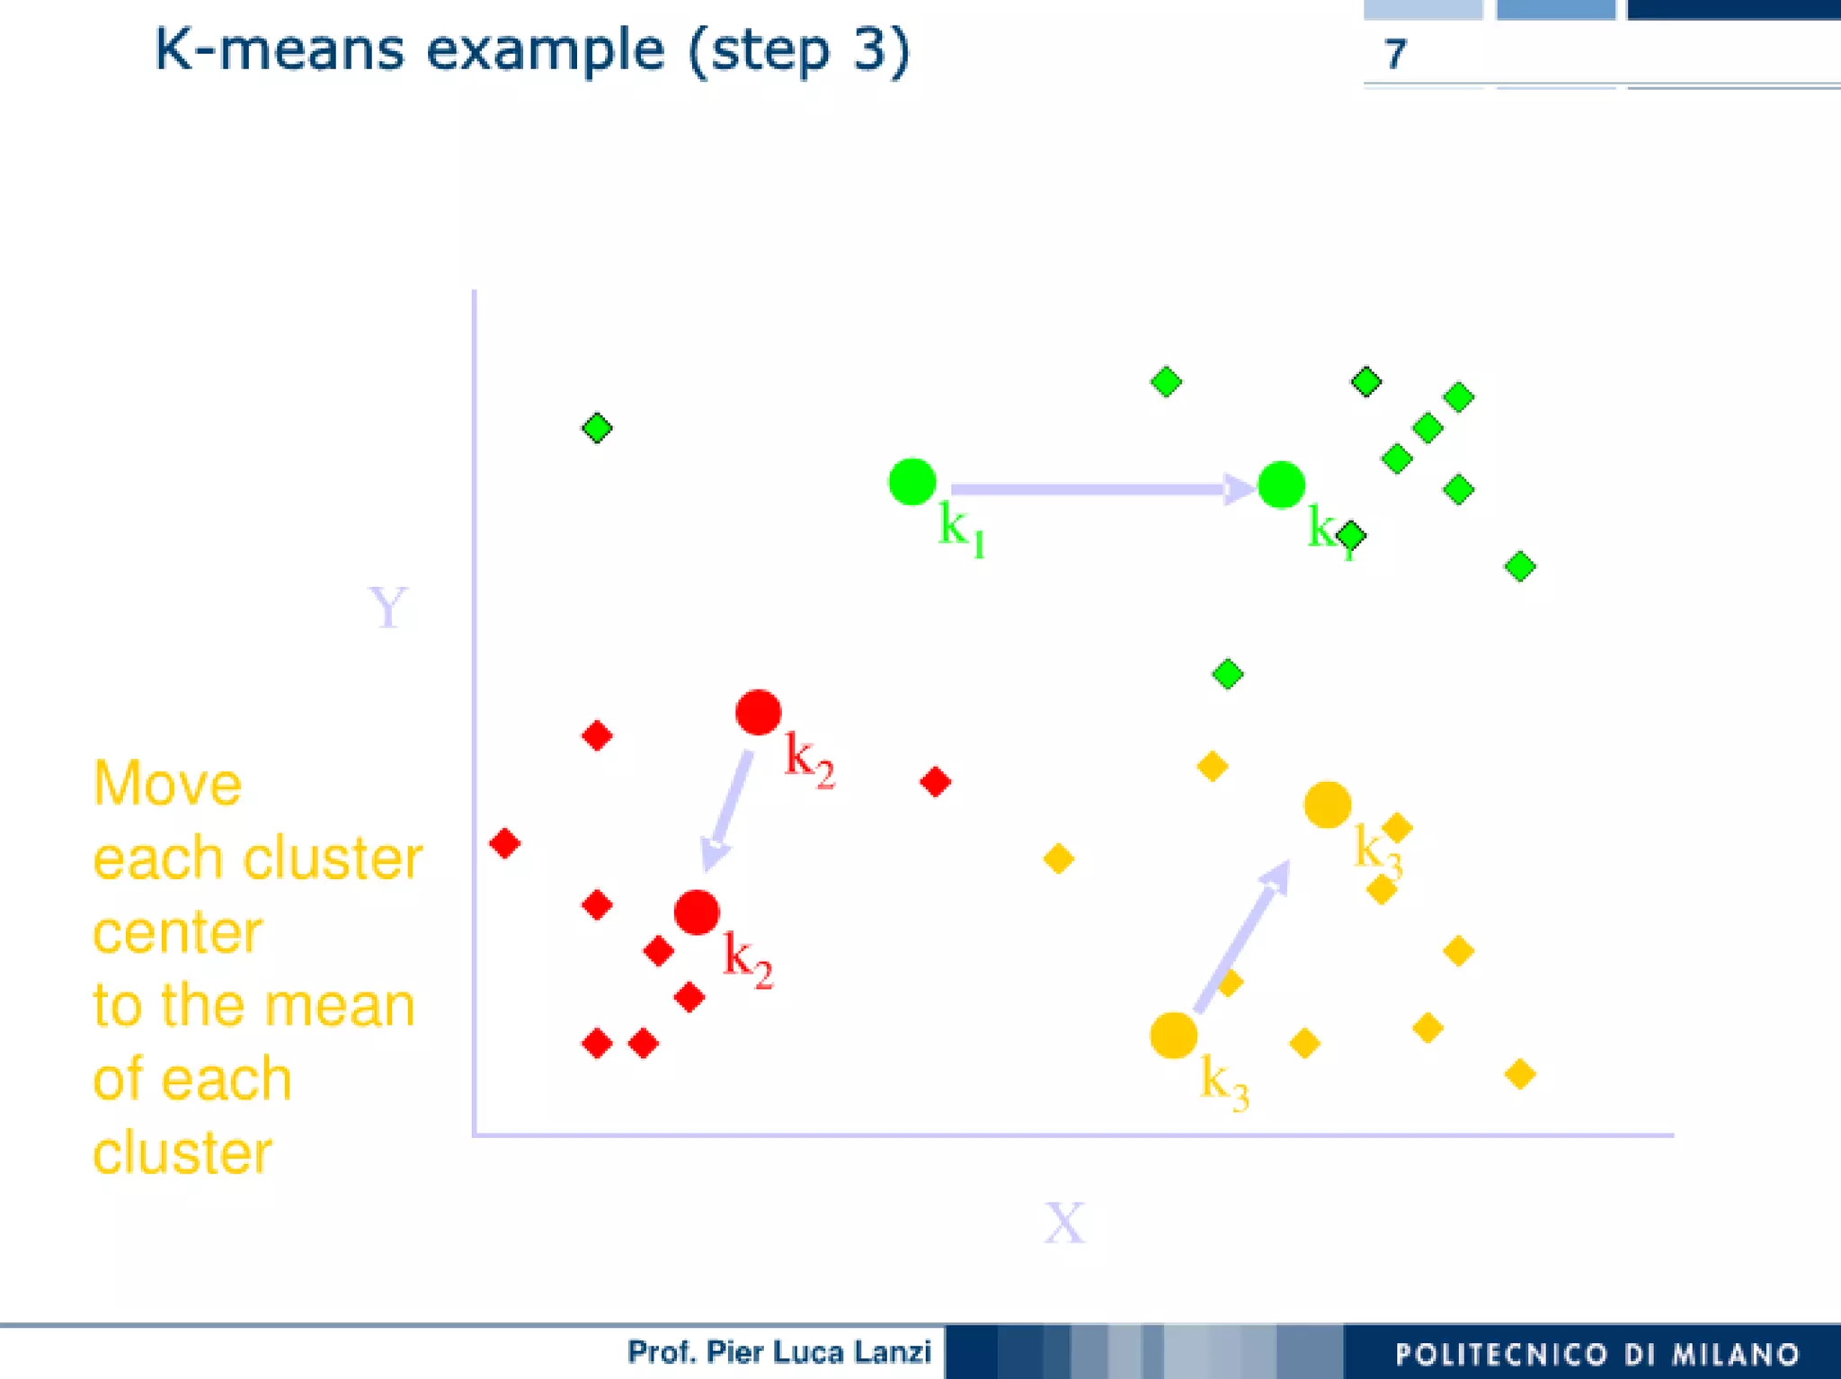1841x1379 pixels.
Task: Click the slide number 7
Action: coord(1394,54)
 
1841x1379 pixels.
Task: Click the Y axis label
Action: coord(388,608)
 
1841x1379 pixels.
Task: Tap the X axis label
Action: coord(1064,1223)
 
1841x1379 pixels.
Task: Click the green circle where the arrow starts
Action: coord(912,482)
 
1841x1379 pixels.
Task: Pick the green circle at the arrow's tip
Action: coord(1281,485)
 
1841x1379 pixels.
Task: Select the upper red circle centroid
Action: coord(758,713)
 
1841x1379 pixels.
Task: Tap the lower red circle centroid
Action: coord(697,913)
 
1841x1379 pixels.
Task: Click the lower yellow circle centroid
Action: coord(1173,1035)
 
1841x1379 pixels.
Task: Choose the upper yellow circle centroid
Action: coord(1328,805)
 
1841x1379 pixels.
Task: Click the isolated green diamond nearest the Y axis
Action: coord(597,428)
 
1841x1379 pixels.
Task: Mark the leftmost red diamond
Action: coord(504,843)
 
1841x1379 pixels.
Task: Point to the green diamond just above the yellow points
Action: coord(1227,674)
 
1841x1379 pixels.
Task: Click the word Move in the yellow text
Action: coord(167,784)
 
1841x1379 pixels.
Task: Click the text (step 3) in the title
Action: coord(799,50)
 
